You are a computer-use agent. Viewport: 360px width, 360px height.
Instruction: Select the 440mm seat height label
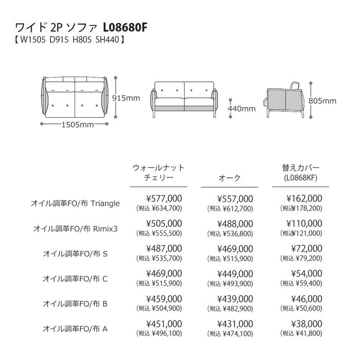click(x=242, y=109)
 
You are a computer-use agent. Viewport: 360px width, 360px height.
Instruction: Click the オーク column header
click(x=230, y=177)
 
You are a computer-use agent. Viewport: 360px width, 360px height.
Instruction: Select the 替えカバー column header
click(x=301, y=168)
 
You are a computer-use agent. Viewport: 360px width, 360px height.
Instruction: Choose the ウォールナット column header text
click(x=158, y=168)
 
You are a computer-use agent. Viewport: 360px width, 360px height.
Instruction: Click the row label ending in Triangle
click(x=76, y=203)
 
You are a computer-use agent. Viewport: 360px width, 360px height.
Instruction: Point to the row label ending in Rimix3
click(x=76, y=228)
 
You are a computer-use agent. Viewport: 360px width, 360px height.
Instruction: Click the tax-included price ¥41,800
click(x=308, y=333)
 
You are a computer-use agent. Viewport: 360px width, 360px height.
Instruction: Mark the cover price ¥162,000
click(x=304, y=199)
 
